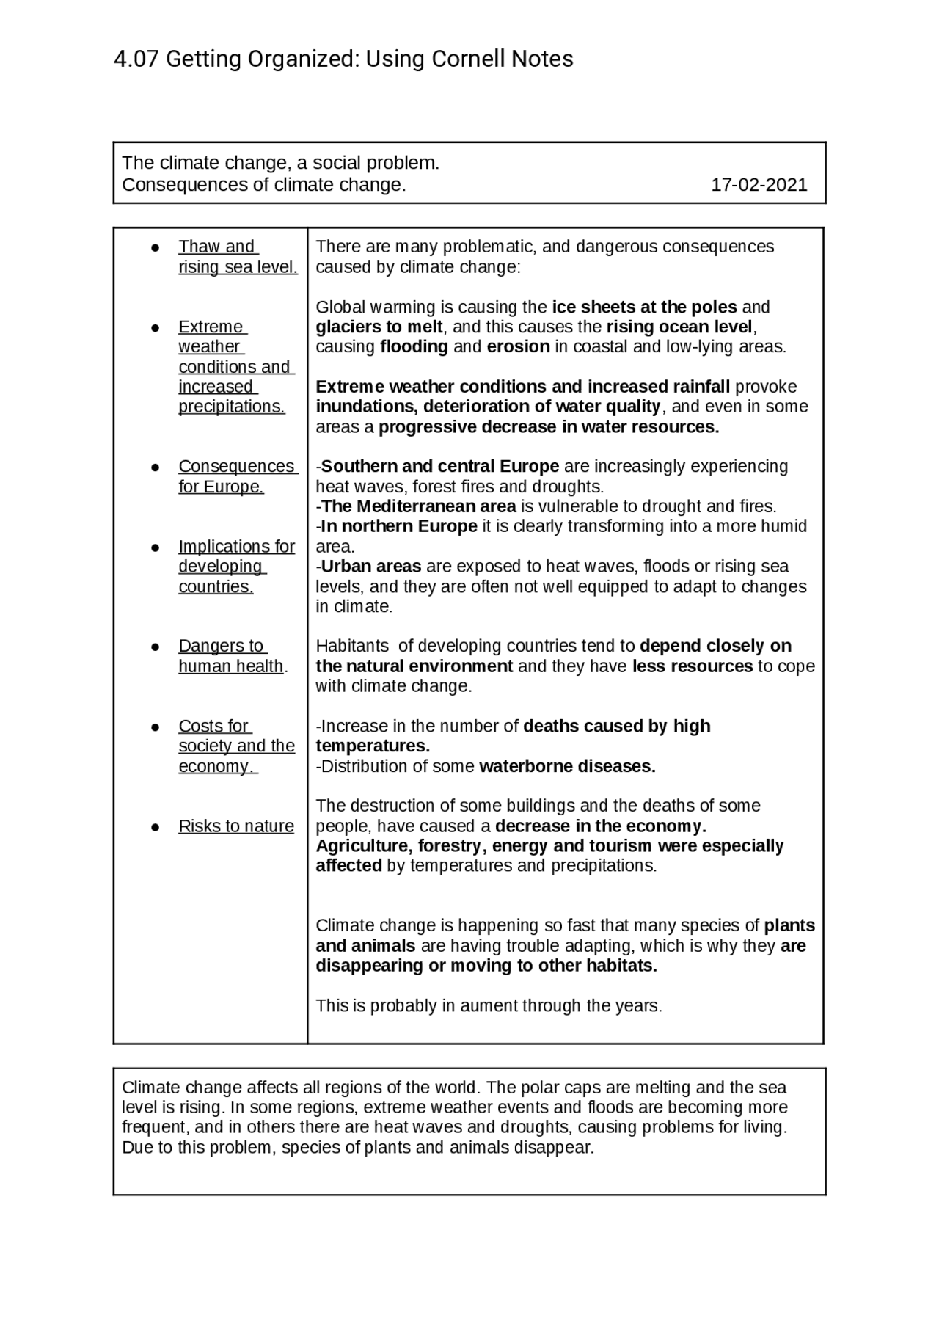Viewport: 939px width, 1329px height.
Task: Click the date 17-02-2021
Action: (x=759, y=185)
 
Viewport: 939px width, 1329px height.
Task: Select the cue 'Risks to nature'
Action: (x=235, y=826)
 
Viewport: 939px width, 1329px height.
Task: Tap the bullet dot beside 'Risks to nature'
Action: (x=156, y=827)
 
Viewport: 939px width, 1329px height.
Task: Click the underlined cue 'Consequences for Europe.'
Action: (x=236, y=476)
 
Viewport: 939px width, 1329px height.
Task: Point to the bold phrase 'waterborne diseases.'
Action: (x=567, y=766)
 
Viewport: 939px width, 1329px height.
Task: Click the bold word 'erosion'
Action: (x=518, y=346)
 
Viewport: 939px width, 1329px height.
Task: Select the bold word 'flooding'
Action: (x=414, y=346)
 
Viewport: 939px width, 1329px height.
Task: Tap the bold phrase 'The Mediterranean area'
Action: (x=419, y=506)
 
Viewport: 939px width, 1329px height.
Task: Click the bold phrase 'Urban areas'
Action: (x=371, y=567)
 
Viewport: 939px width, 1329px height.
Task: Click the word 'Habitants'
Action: (x=352, y=646)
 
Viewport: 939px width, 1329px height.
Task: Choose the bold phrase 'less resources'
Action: (x=693, y=666)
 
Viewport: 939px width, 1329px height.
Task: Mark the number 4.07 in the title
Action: (x=136, y=59)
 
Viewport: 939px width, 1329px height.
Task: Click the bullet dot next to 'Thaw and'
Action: (x=156, y=247)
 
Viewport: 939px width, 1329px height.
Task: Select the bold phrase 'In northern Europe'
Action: (x=399, y=526)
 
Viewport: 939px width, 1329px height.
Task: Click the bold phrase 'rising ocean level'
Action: (x=679, y=327)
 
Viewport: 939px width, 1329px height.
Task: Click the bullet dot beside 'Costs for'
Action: (x=156, y=727)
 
